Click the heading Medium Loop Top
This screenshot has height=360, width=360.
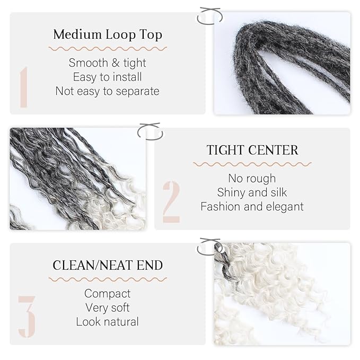click(108, 35)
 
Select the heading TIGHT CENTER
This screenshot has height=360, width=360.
click(252, 150)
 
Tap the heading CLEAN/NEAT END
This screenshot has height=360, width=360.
click(108, 265)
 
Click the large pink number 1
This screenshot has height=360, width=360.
click(24, 87)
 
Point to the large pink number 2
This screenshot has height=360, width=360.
click(171, 202)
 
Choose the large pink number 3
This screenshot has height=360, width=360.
click(27, 317)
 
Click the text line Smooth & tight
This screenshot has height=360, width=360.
click(108, 63)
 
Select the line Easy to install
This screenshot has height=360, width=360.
click(108, 77)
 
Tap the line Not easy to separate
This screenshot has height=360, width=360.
click(108, 91)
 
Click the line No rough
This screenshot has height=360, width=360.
click(252, 178)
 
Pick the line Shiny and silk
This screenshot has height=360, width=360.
click(252, 192)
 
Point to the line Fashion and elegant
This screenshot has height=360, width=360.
click(252, 207)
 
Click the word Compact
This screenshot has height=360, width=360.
click(108, 294)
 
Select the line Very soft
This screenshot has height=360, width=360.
click(108, 308)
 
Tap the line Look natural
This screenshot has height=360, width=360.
click(108, 322)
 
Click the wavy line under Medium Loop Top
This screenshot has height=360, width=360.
click(108, 49)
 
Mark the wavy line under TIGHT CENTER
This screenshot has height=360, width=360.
click(252, 164)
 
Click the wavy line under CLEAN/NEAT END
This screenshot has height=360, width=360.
click(108, 279)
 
